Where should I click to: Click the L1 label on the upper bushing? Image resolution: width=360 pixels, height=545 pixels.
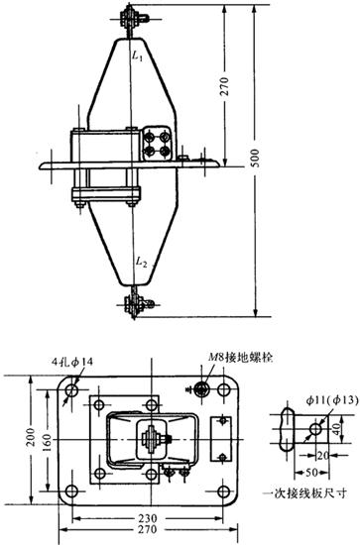pos(137,56)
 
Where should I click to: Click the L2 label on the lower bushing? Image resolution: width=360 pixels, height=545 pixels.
pos(141,262)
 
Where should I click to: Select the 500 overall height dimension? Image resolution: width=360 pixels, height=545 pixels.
pos(255,159)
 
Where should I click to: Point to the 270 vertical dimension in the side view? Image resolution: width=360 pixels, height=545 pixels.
pos(225,86)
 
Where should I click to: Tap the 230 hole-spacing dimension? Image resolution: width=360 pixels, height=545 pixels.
pos(147,518)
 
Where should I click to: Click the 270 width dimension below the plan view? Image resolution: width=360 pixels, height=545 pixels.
pos(147,529)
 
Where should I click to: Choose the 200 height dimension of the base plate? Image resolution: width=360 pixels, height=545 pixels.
pos(31,437)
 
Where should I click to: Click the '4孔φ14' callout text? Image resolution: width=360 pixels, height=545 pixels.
pos(72,362)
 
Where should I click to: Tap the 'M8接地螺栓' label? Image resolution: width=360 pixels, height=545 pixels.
pos(240,357)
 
